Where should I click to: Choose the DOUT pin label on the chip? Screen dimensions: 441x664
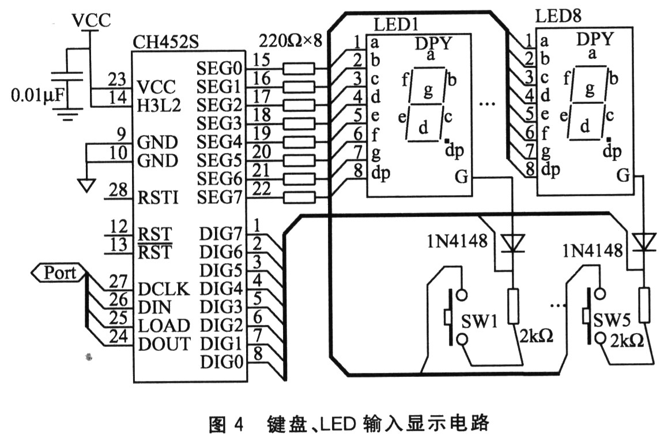point(164,344)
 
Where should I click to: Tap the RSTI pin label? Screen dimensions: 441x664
point(159,198)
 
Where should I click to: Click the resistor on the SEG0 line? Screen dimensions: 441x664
point(299,69)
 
